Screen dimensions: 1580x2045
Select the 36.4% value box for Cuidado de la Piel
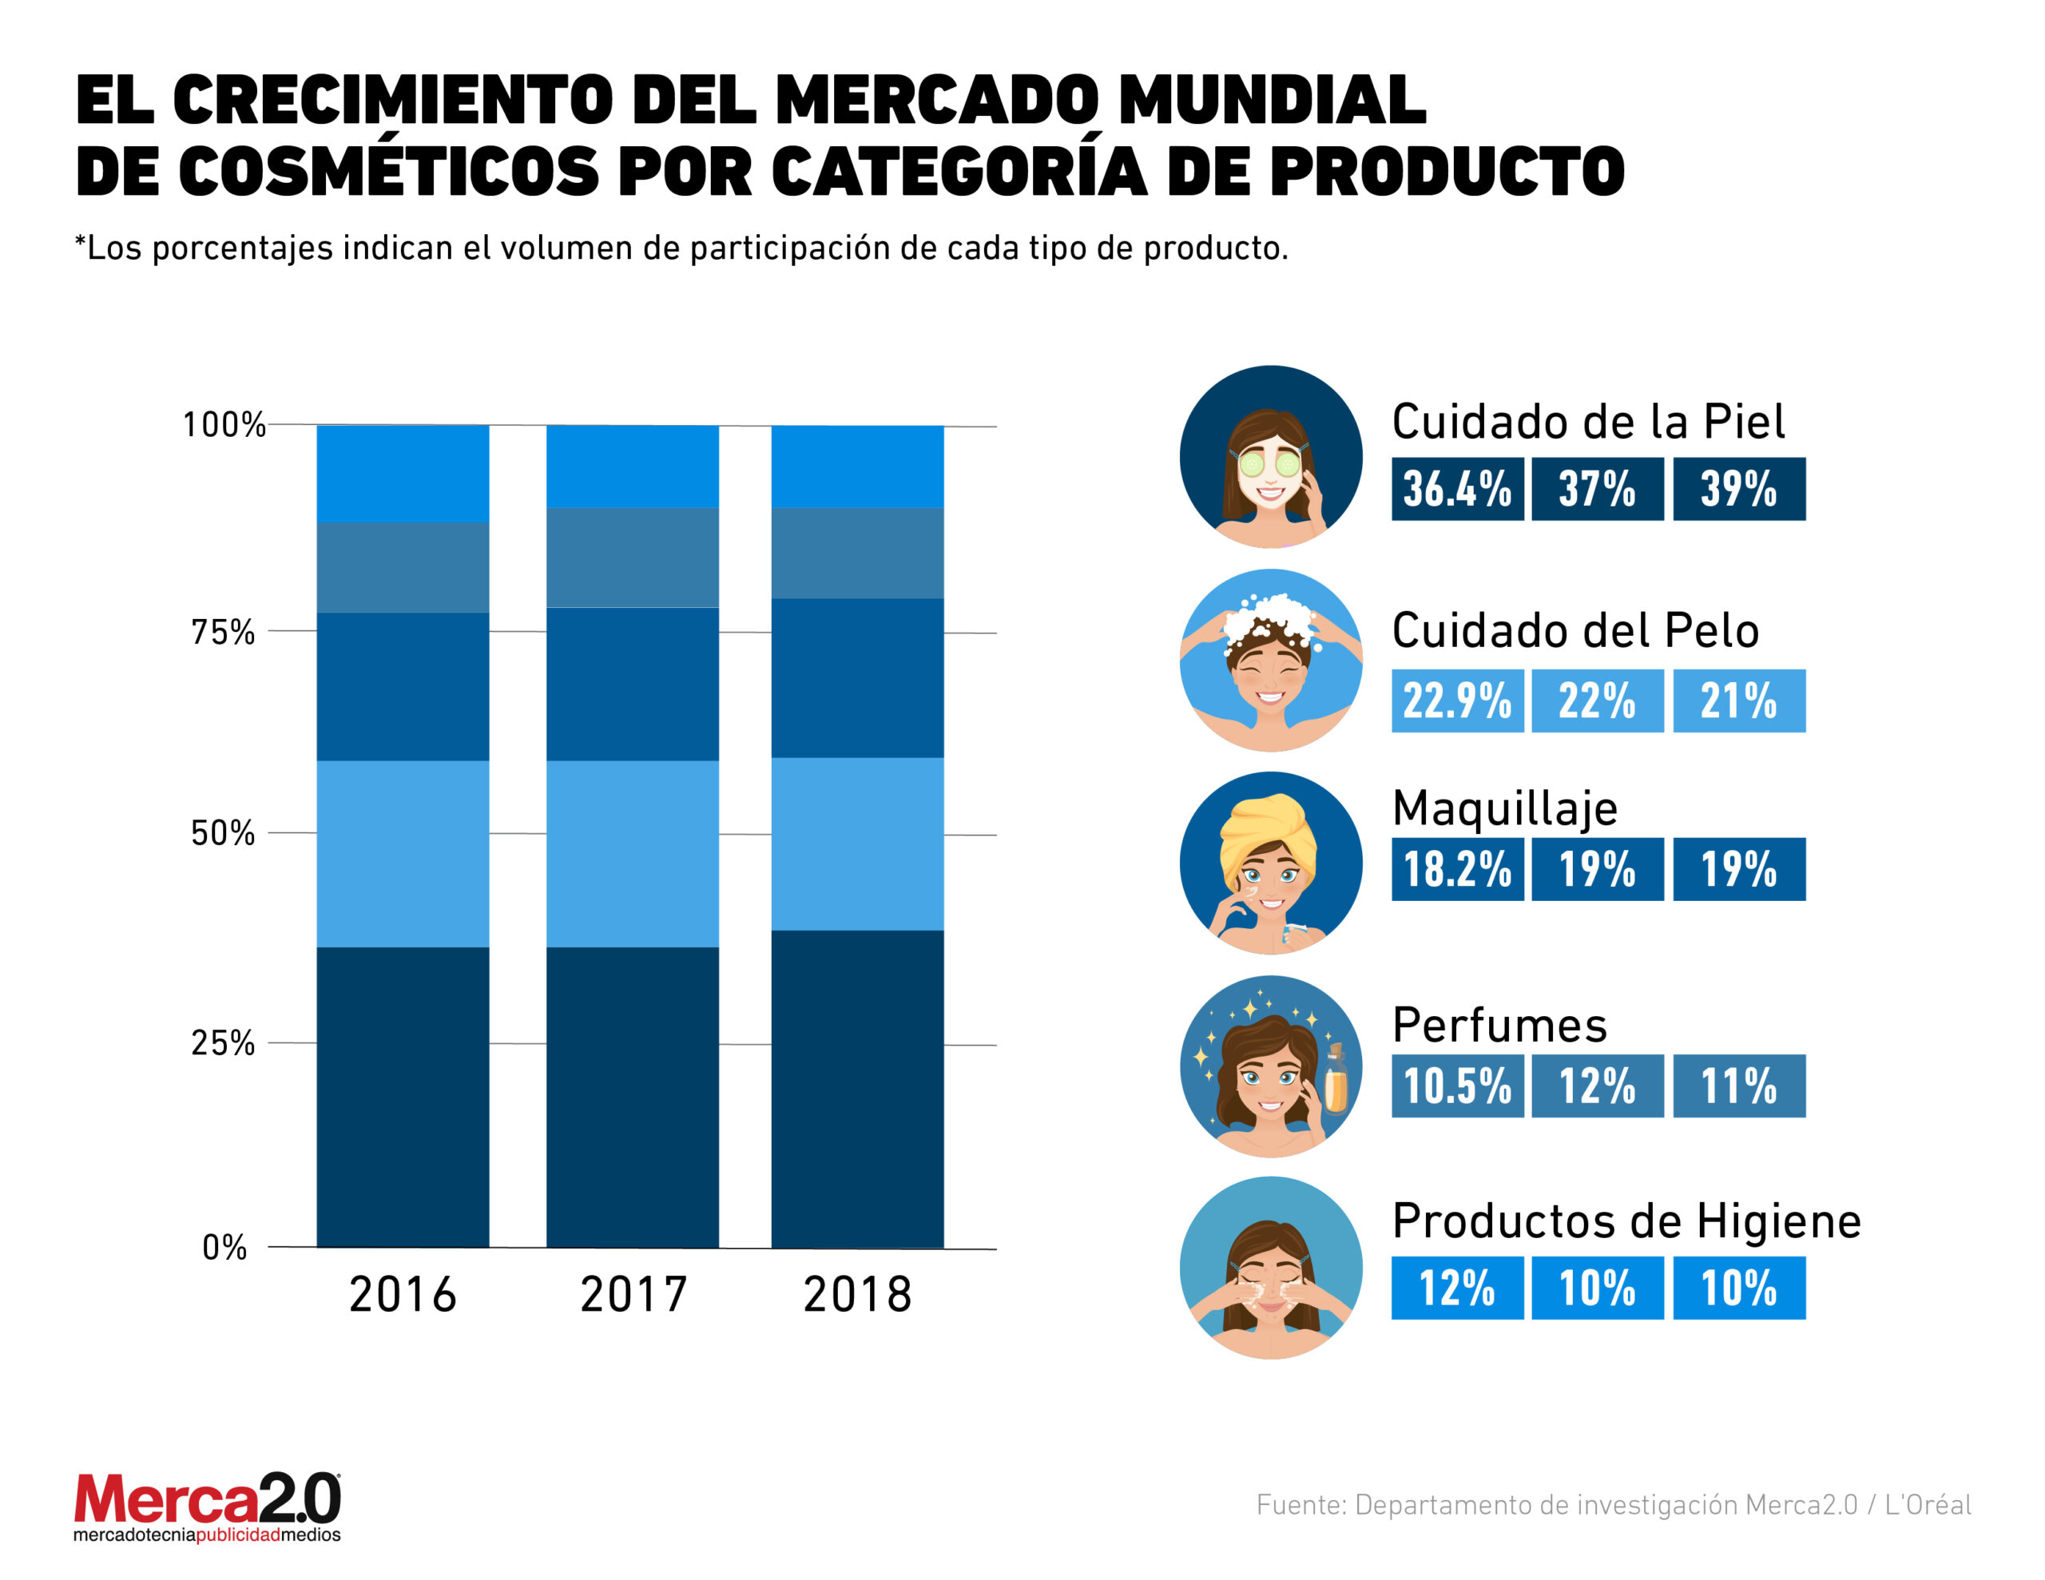coord(1457,489)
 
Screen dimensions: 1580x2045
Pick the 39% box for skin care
coord(1739,489)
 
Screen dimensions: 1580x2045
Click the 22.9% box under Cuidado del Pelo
coord(1457,701)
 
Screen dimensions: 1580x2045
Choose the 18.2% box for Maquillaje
coord(1457,869)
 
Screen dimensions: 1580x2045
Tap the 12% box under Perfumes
coord(1598,1086)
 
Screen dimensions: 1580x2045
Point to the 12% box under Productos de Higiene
coord(1457,1288)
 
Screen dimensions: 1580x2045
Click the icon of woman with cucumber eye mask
coord(1271,457)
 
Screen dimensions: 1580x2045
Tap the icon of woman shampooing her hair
coord(1271,661)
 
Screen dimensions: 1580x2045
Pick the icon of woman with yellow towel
coord(1271,863)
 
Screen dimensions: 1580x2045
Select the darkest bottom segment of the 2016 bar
coord(403,1097)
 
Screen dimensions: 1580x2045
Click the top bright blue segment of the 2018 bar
coord(857,466)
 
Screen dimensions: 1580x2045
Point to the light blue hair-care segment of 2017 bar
coord(633,853)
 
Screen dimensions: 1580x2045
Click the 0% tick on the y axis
coord(224,1248)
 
